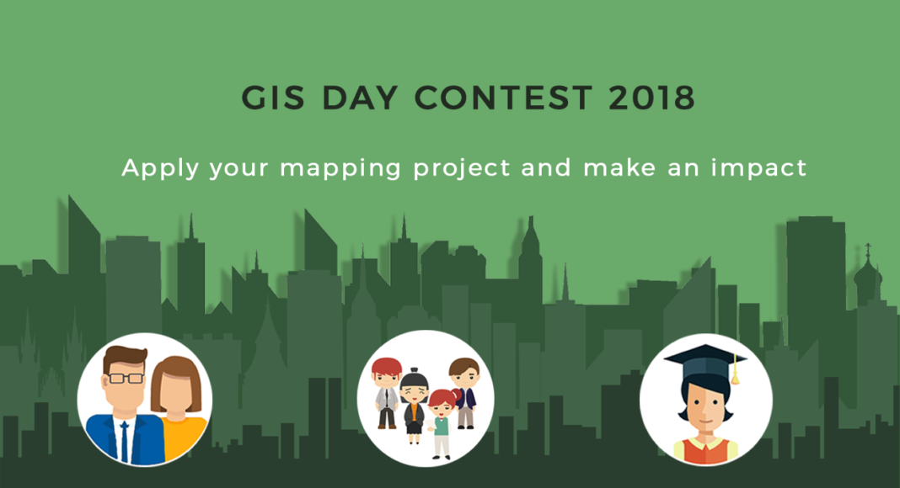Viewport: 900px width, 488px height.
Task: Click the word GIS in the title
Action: pos(273,98)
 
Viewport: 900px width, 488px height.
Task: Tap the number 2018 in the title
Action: pos(652,98)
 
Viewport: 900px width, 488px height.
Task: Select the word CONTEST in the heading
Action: pos(503,98)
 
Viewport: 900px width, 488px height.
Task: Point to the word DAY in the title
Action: pos(359,98)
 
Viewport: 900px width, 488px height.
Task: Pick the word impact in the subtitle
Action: pos(758,168)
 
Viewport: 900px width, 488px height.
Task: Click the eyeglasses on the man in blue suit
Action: pos(126,378)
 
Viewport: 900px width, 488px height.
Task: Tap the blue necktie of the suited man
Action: pos(125,442)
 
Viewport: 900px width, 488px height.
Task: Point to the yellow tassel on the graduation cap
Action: pos(735,372)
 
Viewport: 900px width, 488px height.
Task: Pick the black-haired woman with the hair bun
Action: pos(414,406)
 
